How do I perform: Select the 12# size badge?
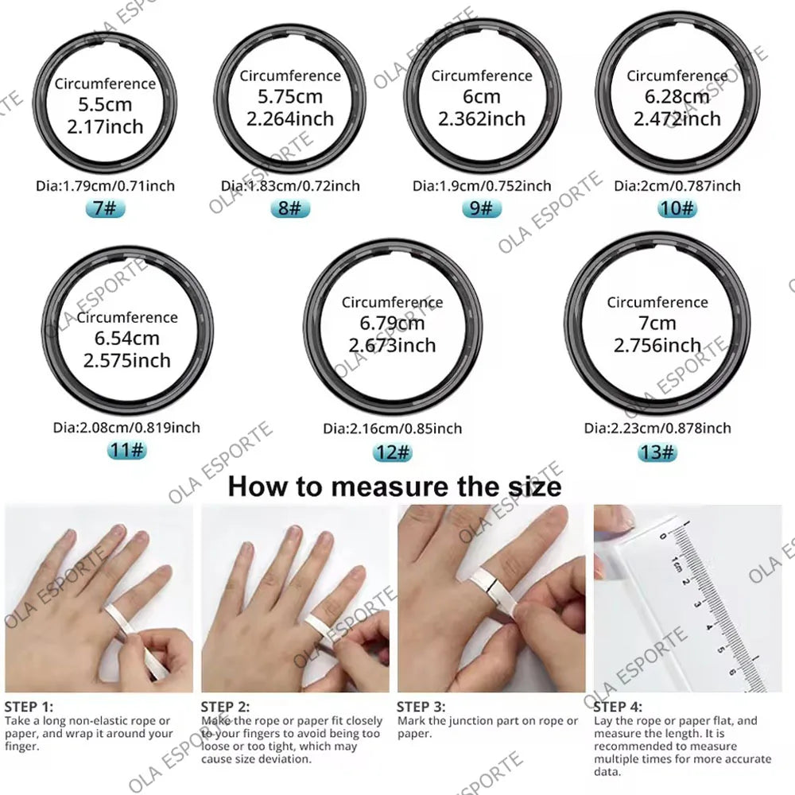(x=392, y=452)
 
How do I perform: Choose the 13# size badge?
(x=657, y=452)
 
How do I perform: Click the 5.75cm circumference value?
(x=290, y=97)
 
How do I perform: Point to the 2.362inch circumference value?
(x=481, y=118)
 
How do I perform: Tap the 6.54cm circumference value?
(x=127, y=339)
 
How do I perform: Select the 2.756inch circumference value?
(x=657, y=345)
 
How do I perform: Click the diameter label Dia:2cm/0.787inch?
(x=677, y=186)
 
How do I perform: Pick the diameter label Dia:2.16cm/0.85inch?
(x=392, y=429)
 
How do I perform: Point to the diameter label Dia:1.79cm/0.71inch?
(x=105, y=186)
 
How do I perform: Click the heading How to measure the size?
(x=394, y=486)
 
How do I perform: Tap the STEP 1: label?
(x=29, y=705)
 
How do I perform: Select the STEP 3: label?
(x=421, y=705)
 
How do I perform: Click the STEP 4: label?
(x=618, y=705)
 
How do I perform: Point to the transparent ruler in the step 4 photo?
(x=700, y=604)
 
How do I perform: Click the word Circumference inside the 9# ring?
(x=481, y=76)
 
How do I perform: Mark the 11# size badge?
(x=127, y=451)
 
